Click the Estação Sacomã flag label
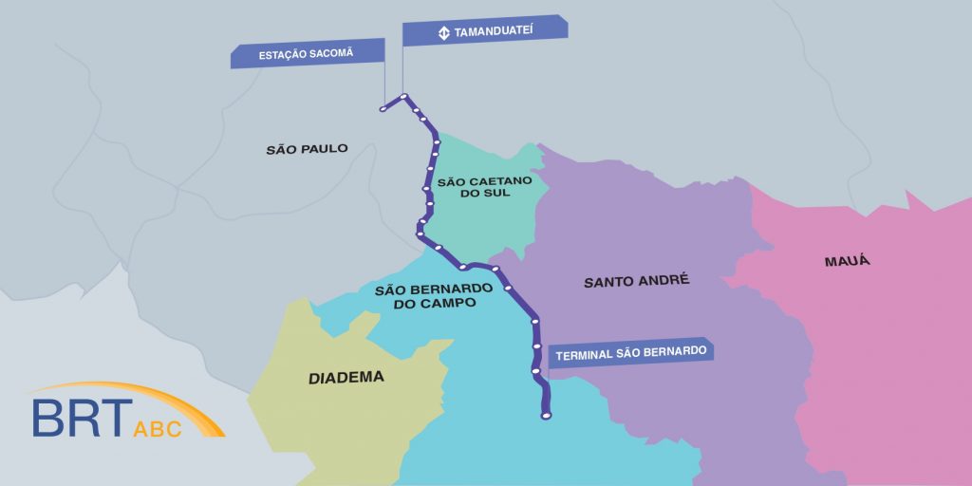click(x=306, y=53)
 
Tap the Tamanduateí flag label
click(x=485, y=30)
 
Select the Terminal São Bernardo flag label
click(x=630, y=351)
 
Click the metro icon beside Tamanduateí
click(x=443, y=33)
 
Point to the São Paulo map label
click(x=307, y=149)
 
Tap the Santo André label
click(x=636, y=281)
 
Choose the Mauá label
click(x=848, y=260)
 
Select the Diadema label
click(x=346, y=377)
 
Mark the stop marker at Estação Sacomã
click(x=383, y=109)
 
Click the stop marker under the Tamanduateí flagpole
click(x=403, y=96)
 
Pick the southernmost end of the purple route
click(x=545, y=415)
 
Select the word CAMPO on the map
click(x=451, y=303)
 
